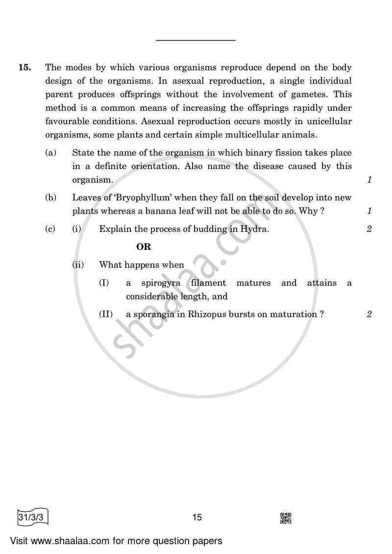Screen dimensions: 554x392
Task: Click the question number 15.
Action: pos(24,68)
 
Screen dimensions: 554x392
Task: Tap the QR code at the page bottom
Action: pos(286,518)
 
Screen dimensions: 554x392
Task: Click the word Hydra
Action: pos(255,229)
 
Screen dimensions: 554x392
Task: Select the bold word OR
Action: pos(144,247)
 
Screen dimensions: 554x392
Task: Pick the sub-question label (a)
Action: pos(50,153)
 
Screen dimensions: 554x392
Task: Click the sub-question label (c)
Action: pos(50,229)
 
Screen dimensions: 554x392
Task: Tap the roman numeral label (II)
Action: pos(106,314)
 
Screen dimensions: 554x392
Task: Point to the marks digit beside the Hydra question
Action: pos(369,229)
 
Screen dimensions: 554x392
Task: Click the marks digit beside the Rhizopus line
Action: pos(369,314)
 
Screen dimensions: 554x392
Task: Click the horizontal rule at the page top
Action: pos(196,40)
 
